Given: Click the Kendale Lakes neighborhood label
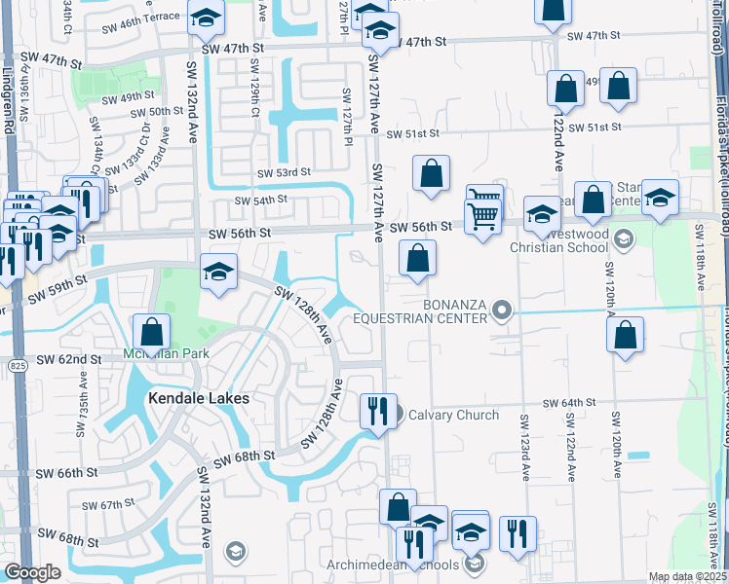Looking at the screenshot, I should (x=199, y=398).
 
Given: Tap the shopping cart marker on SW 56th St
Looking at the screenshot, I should (x=481, y=215).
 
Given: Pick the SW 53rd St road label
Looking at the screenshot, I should (x=284, y=172).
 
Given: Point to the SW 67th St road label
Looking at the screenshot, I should (x=107, y=505).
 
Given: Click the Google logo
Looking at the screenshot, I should (x=32, y=572).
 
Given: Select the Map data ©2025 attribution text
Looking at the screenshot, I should (x=687, y=576).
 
